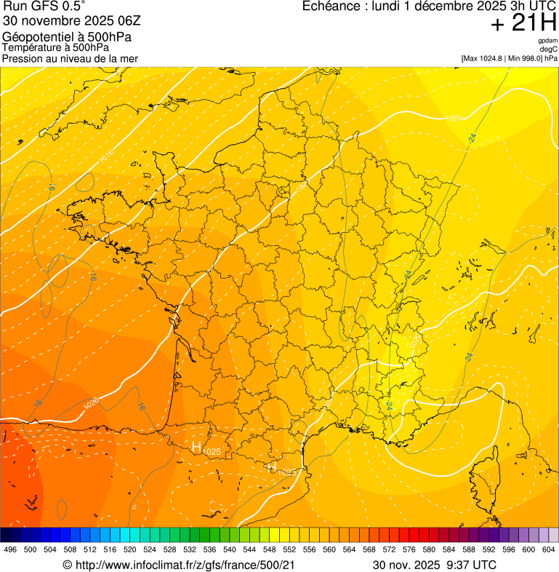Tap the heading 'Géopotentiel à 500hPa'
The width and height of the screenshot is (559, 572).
(67, 37)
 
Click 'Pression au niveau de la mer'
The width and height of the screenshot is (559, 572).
(70, 58)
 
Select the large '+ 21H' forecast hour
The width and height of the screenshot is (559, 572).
(523, 23)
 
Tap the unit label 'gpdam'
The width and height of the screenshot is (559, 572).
(547, 41)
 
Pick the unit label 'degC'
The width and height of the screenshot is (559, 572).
(549, 49)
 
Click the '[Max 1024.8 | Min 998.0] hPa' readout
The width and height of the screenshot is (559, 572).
(509, 58)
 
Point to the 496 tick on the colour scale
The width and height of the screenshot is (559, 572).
(10, 549)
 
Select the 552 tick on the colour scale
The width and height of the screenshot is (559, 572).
(289, 549)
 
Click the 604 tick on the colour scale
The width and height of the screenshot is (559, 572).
(548, 549)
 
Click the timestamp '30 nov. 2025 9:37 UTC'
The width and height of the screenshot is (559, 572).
(434, 565)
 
